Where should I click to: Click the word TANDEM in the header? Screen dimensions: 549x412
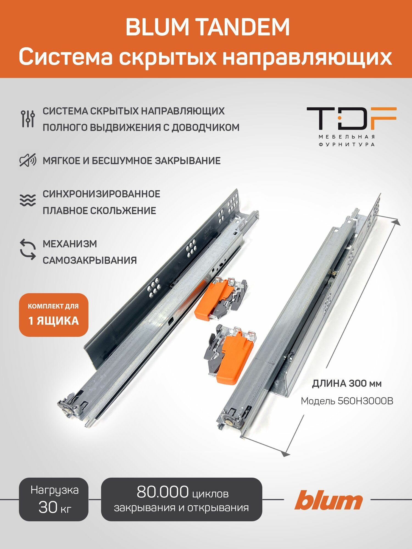point(243,27)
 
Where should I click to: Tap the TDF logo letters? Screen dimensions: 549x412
point(351,119)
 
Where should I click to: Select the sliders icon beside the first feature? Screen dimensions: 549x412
point(28,119)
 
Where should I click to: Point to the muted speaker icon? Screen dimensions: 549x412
point(28,161)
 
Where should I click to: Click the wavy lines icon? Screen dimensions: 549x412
point(28,200)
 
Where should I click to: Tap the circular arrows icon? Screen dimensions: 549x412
point(28,250)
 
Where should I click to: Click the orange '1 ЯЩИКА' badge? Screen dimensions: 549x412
point(54,315)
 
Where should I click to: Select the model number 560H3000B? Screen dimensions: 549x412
point(365,401)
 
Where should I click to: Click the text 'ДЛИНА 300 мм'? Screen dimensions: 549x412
point(347,383)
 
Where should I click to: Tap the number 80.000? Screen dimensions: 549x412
point(163,492)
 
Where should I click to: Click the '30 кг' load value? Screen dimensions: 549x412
point(55,507)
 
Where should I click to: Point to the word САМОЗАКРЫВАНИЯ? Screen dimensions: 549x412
point(90,260)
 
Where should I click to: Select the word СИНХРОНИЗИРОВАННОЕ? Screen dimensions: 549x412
point(101,194)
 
